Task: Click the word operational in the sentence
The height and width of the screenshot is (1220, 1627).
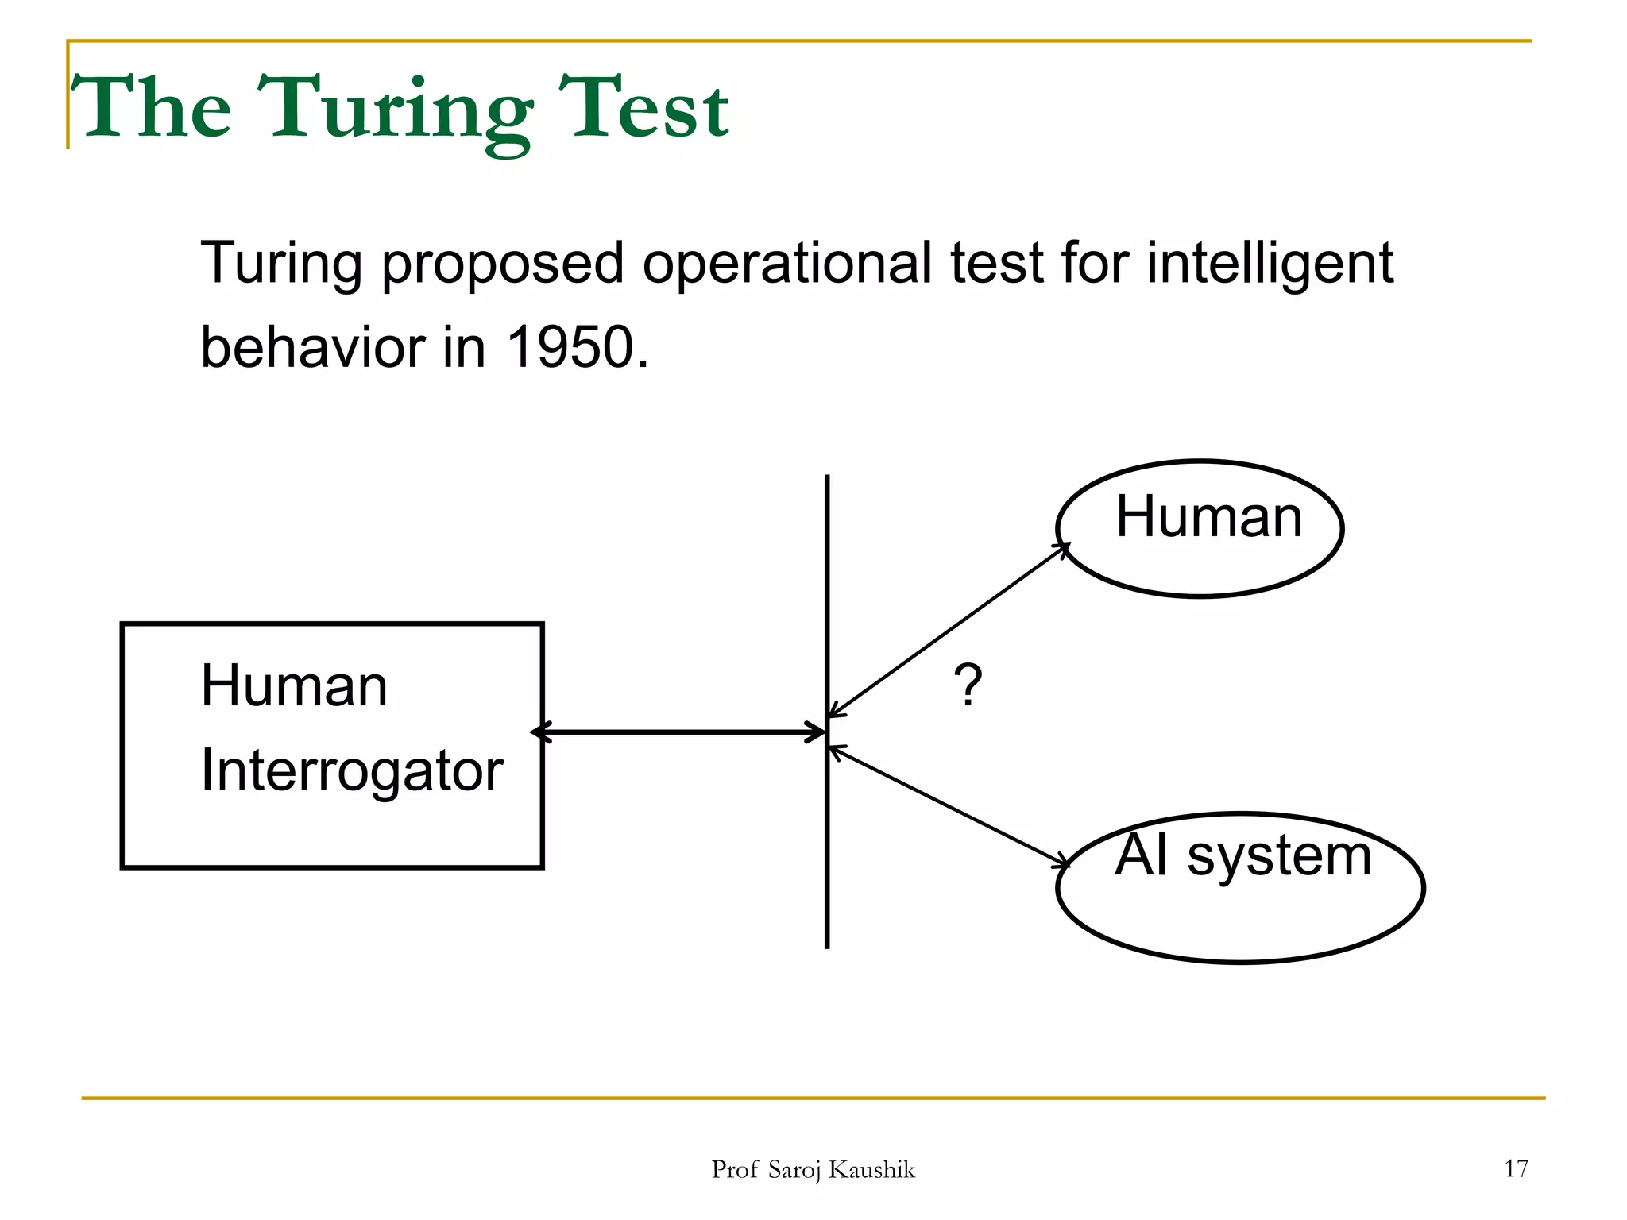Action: coord(786,264)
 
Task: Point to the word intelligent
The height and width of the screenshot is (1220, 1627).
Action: coord(1270,264)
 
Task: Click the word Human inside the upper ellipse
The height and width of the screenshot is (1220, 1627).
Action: coord(1208,517)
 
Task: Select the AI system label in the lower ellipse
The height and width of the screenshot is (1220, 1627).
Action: coord(1242,855)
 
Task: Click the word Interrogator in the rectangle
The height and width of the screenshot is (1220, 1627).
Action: coord(352,771)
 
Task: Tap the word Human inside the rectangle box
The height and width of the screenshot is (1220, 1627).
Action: coord(294,685)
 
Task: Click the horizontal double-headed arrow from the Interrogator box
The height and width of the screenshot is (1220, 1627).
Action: coord(679,732)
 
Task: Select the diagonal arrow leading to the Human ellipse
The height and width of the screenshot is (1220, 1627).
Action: coord(949,631)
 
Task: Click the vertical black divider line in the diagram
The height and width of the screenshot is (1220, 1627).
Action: coord(827,874)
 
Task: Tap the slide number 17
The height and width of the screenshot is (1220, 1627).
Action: coord(1516,1168)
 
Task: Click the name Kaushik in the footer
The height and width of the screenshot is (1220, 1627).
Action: coord(871,1170)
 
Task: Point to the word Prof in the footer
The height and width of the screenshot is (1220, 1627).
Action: coord(735,1170)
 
